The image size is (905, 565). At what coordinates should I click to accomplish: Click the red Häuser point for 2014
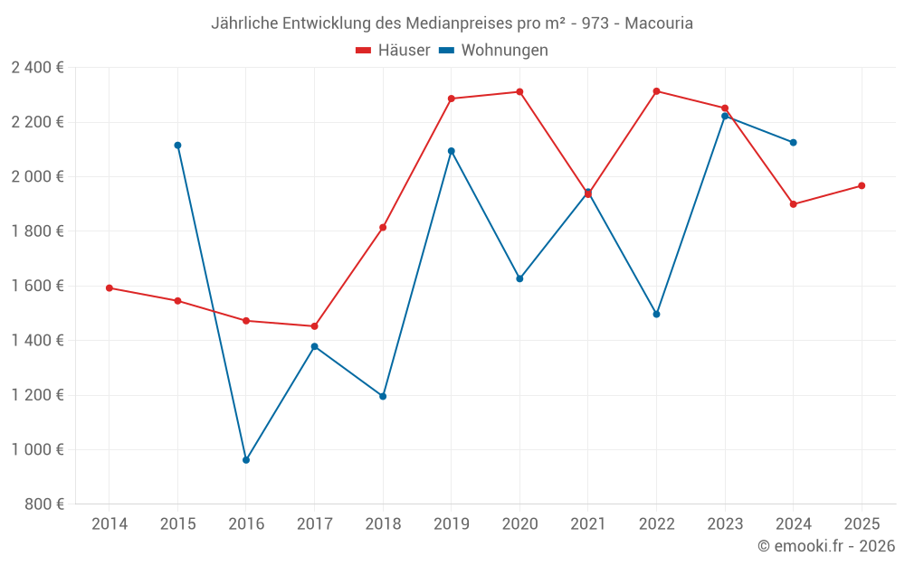tap(110, 287)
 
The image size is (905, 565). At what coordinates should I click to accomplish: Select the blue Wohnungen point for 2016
tap(246, 460)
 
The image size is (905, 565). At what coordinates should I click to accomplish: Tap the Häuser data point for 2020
tap(519, 91)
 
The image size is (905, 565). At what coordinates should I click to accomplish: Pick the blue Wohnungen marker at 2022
tap(656, 314)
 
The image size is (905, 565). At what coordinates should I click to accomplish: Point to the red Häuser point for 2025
tap(862, 185)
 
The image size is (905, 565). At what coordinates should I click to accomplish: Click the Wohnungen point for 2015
tap(177, 145)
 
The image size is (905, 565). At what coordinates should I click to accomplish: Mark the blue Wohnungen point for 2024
tap(794, 142)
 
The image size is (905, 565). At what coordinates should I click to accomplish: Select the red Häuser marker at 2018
tap(383, 227)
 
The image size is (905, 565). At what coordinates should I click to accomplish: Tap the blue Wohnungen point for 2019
tap(452, 151)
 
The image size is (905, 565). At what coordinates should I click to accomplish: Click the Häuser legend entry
tap(393, 51)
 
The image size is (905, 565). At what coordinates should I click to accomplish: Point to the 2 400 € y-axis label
tap(37, 68)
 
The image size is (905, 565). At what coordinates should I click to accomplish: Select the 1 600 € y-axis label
tap(37, 286)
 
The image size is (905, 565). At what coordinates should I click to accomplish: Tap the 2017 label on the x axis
tap(314, 524)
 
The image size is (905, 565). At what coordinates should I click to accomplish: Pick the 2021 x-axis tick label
tap(588, 524)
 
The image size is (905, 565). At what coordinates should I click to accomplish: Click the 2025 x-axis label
tap(862, 524)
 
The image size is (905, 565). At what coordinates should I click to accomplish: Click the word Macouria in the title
tap(659, 24)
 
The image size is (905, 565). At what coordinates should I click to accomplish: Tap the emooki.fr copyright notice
tap(826, 546)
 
